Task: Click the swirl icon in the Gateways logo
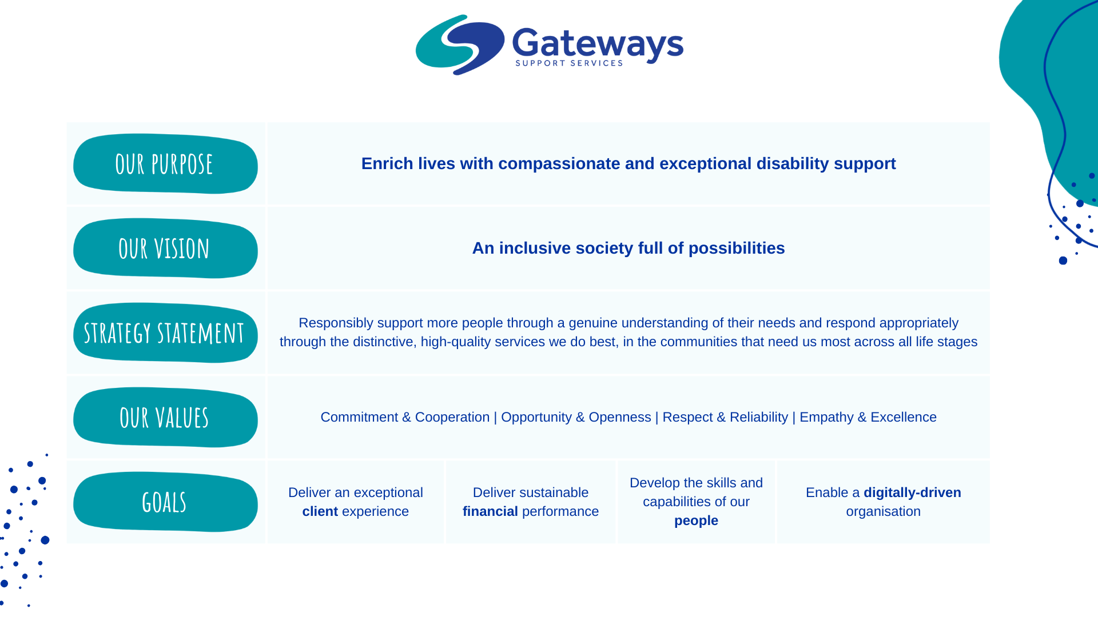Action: click(460, 45)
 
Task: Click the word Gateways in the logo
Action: click(598, 43)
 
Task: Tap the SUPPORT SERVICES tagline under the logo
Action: click(569, 63)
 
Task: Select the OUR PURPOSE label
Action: click(164, 164)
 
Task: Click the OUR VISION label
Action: click(164, 249)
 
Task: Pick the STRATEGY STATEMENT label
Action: click(164, 333)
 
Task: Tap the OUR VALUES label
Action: click(164, 418)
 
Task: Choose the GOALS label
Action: click(164, 502)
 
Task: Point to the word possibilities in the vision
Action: click(737, 248)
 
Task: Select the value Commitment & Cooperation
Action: click(405, 417)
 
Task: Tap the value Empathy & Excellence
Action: click(868, 417)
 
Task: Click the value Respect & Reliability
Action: click(725, 417)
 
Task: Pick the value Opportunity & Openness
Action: click(576, 417)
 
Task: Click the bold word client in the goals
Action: click(320, 511)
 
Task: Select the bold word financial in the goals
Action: click(490, 511)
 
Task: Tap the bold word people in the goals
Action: click(696, 521)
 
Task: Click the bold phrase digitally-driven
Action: click(912, 492)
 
